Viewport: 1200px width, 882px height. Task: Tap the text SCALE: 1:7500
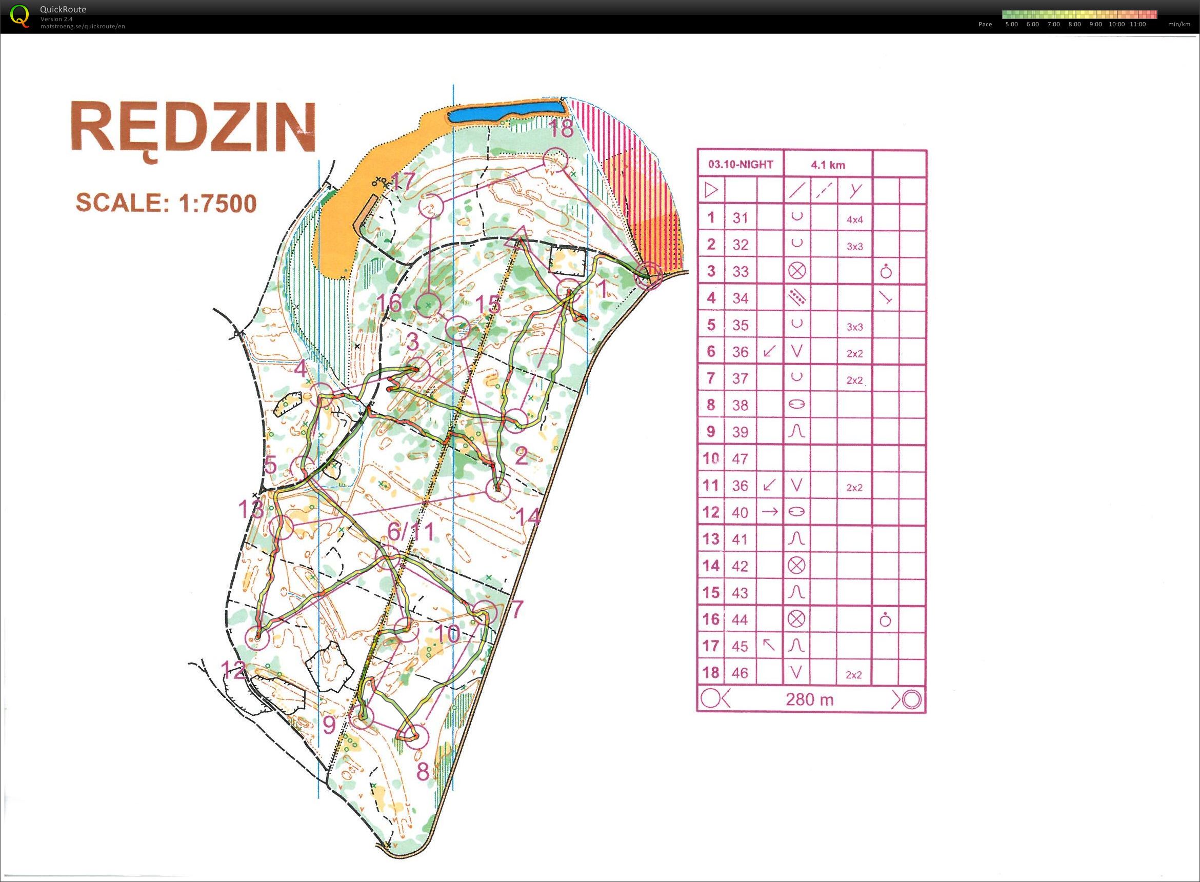click(x=166, y=203)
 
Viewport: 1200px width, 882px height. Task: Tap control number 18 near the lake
click(x=561, y=129)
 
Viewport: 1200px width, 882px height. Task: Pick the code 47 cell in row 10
click(x=740, y=458)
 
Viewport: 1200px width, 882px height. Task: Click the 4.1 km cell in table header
click(x=827, y=165)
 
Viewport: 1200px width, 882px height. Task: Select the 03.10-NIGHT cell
click(x=741, y=165)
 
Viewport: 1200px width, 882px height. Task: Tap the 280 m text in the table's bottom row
click(x=809, y=699)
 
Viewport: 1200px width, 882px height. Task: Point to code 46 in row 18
click(x=740, y=673)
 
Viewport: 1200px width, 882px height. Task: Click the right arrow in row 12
click(x=769, y=511)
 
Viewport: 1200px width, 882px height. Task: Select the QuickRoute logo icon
click(x=20, y=15)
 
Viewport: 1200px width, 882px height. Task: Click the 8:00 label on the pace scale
click(x=1074, y=25)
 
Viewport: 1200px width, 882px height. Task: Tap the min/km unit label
click(x=1178, y=25)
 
